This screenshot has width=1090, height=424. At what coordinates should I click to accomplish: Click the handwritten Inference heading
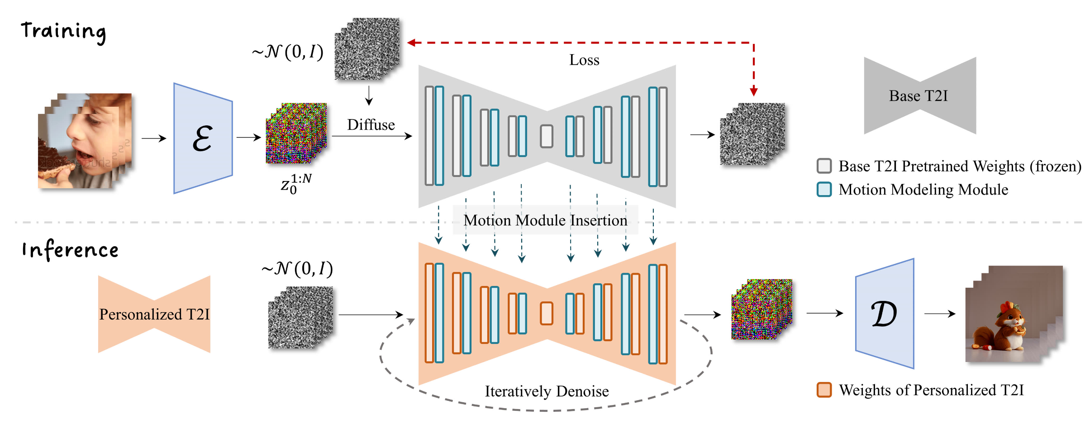pos(70,250)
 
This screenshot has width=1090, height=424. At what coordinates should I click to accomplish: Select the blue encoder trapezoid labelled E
pos(203,138)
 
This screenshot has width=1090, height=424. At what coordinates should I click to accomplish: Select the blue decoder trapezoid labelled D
pos(884,314)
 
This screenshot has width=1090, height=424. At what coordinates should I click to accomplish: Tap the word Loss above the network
pos(584,60)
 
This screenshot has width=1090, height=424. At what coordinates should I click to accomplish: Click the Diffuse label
pos(371,125)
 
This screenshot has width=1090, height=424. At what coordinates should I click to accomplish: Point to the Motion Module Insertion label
pos(545,220)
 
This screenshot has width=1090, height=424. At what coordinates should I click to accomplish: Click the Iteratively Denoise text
pos(547,391)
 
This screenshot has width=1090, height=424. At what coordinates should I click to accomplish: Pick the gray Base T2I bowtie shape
pos(919,96)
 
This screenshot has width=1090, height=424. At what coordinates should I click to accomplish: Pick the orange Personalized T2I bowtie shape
pos(154,314)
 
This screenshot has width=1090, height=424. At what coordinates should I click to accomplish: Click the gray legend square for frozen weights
pos(824,166)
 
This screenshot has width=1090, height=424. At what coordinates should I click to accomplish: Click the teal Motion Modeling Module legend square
pos(824,189)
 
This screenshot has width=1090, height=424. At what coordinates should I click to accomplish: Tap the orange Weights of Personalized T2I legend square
pos(824,390)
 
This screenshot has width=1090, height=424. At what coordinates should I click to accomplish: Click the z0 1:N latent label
pos(295,184)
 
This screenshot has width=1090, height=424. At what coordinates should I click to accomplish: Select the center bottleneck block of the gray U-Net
pos(547,136)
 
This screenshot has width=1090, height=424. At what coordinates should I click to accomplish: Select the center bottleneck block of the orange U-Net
pos(547,313)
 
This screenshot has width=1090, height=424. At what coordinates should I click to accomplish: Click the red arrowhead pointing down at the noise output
pos(753,92)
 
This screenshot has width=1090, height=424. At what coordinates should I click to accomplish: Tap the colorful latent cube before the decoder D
pos(761,310)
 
